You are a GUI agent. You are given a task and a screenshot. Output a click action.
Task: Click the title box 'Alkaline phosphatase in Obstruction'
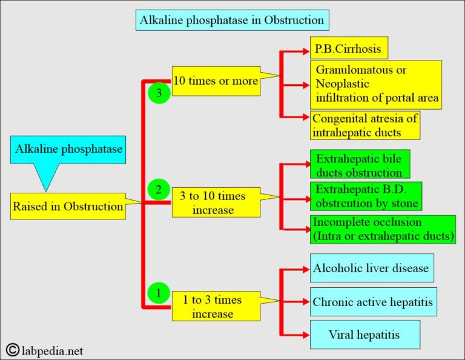point(232,21)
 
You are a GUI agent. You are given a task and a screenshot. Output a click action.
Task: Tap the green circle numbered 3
point(159,93)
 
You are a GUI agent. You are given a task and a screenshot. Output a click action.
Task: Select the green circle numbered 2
point(159,190)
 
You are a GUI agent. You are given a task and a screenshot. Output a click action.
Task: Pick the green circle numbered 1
point(159,294)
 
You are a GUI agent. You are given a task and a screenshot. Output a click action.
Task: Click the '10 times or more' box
point(216,81)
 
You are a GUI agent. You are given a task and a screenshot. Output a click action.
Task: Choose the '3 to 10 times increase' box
point(216,202)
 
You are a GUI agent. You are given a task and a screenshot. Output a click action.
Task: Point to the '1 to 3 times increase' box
point(216,306)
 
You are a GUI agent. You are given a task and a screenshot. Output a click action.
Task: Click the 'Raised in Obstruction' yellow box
point(68,206)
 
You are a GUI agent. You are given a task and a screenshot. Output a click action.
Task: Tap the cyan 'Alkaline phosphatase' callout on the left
point(68,149)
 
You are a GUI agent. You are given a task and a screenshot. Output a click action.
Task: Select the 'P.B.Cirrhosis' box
point(348,48)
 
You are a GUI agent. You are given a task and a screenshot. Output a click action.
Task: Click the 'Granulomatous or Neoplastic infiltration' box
point(375,84)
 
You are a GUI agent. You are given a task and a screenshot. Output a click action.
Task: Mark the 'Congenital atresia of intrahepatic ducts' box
point(364,125)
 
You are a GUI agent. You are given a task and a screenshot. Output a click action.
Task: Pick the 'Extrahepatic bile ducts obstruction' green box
point(360,164)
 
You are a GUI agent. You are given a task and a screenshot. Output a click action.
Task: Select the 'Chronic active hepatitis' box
point(373,301)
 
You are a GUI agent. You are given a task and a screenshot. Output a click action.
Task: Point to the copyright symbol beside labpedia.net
point(13,350)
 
